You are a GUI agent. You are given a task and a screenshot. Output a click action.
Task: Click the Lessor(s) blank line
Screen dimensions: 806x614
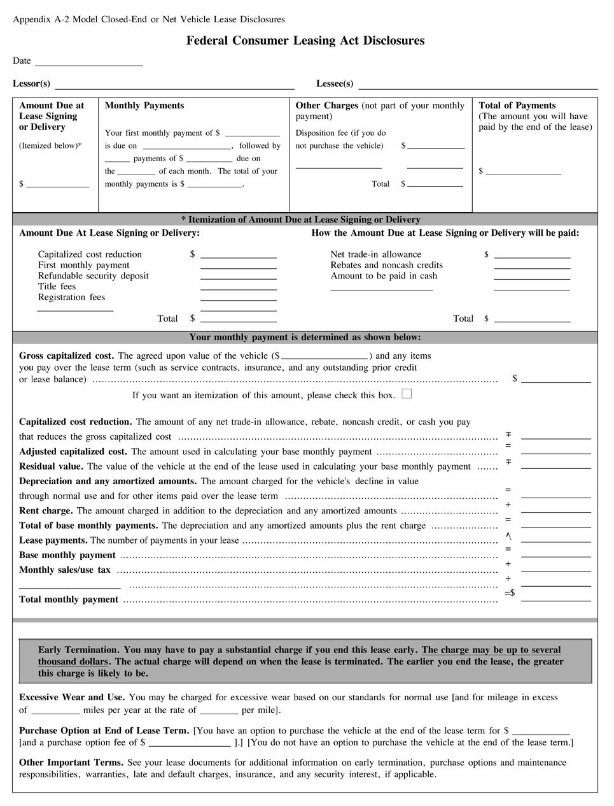click(x=175, y=85)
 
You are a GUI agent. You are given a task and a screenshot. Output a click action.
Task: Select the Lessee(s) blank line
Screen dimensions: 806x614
click(x=478, y=85)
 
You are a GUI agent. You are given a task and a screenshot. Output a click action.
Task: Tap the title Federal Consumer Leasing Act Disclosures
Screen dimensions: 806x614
click(x=305, y=41)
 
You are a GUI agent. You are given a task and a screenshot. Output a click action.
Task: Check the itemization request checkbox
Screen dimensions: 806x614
click(x=407, y=394)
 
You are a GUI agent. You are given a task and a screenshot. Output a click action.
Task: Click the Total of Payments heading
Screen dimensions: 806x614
click(x=517, y=106)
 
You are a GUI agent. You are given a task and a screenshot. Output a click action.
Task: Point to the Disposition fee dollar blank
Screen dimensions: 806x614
click(x=436, y=146)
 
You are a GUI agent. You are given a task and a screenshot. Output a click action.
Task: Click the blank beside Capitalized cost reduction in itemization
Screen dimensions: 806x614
click(x=239, y=255)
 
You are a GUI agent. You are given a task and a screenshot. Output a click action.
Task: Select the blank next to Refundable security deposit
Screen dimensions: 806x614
click(x=239, y=277)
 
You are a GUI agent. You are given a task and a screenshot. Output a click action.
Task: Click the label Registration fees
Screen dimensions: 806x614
click(x=71, y=298)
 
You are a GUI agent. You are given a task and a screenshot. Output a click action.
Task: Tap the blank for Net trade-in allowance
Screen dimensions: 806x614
click(x=532, y=255)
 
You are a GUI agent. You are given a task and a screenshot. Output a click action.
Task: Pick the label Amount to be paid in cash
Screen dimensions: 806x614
click(x=384, y=276)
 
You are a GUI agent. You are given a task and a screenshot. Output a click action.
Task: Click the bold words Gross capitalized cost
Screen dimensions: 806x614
click(x=66, y=356)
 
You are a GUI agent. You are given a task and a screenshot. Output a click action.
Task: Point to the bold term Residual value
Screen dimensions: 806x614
click(x=52, y=466)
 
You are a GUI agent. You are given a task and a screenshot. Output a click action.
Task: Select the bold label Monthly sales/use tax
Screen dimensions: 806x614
click(x=65, y=570)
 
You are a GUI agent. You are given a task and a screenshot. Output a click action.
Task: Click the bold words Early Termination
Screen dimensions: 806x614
click(x=78, y=651)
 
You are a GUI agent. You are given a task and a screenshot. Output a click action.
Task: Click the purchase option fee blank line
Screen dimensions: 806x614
click(x=189, y=743)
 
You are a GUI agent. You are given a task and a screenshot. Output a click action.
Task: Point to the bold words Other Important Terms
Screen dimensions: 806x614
click(x=71, y=763)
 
